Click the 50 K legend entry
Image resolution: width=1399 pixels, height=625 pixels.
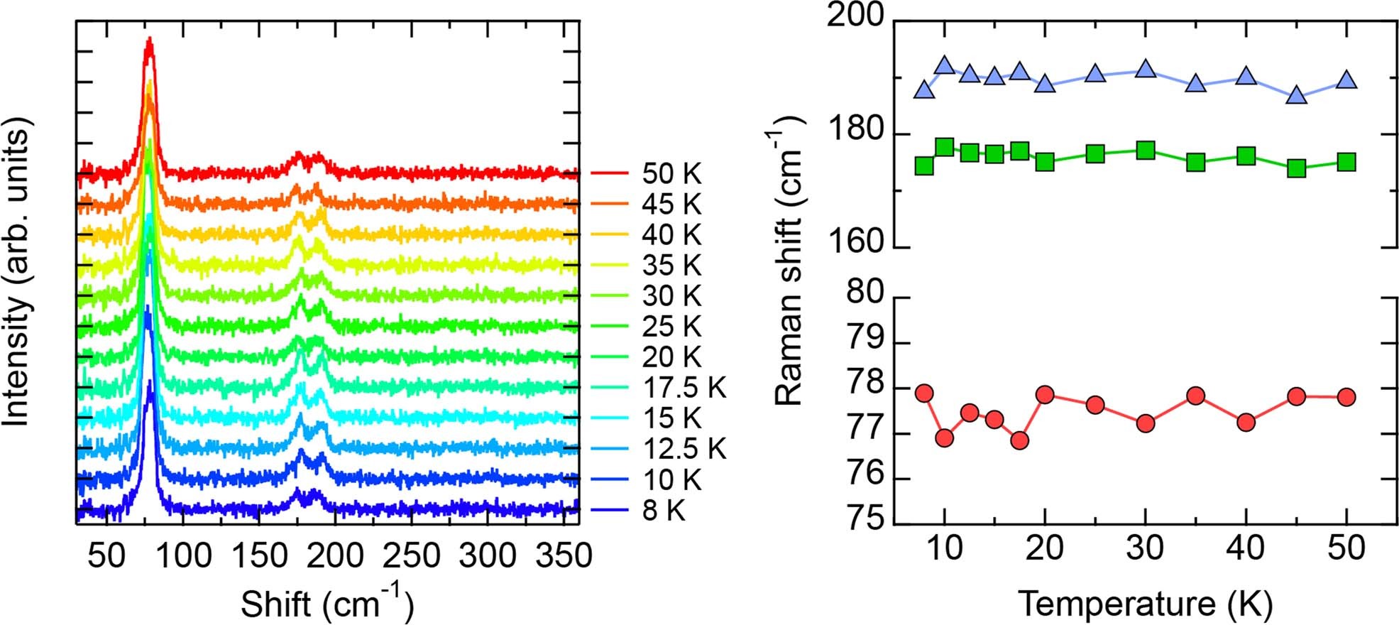point(671,174)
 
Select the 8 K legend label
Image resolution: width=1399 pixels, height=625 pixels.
point(664,511)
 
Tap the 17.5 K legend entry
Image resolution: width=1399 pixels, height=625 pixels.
point(684,388)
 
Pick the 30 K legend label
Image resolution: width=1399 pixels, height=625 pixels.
point(671,296)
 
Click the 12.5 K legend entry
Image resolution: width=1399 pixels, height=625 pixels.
point(684,449)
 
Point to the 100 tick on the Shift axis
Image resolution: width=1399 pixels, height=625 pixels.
point(183,555)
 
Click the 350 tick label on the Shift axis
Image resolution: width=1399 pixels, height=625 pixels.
point(564,555)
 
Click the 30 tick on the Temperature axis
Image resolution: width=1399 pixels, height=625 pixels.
point(1145,548)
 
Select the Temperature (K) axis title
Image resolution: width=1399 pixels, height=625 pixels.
point(1145,604)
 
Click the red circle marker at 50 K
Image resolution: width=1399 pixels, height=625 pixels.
point(1346,396)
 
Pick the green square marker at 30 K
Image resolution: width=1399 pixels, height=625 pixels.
point(1145,151)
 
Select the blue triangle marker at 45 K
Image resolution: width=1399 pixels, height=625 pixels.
point(1296,96)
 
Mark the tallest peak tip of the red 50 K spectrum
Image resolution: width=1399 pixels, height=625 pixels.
point(149,39)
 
